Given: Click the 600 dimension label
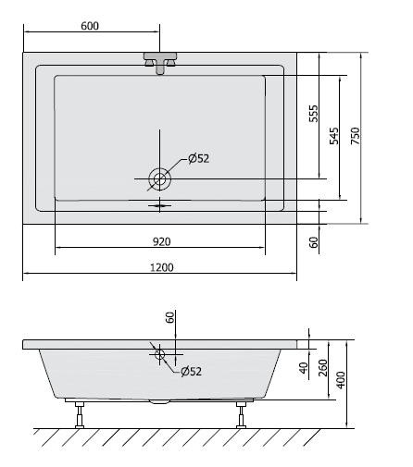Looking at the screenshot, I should tap(89, 26).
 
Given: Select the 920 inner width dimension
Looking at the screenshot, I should tap(161, 241).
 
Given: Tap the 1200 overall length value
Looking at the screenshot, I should tap(161, 267).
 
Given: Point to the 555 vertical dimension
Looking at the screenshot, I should tap(314, 114).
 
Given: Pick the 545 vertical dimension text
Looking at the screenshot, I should tap(333, 137).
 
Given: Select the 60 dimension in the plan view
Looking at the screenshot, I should tap(314, 242).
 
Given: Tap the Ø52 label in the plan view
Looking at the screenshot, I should tap(199, 158).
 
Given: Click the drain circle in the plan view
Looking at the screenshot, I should tap(160, 176).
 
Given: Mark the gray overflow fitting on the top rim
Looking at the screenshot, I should tap(160, 62).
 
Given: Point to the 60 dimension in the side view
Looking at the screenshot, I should tap(169, 317).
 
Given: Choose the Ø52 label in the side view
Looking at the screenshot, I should tap(191, 371).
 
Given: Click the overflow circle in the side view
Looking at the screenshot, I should tap(160, 352).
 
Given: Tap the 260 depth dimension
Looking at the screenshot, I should tap(323, 369).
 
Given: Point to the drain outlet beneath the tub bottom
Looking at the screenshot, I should tap(160, 401).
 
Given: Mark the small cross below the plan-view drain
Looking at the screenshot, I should tap(160, 204).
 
